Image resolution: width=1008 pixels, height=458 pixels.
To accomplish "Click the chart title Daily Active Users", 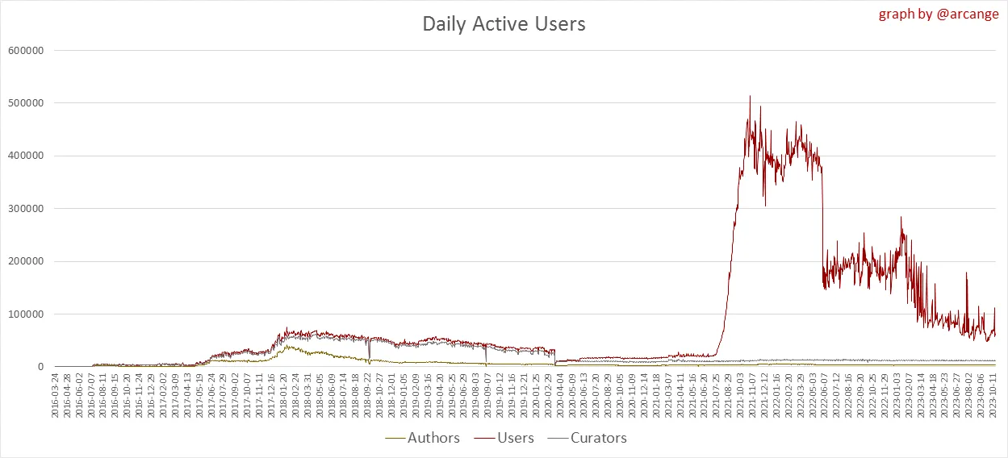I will click(x=504, y=24).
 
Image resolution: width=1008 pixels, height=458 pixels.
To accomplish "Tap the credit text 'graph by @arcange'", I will click(x=938, y=15).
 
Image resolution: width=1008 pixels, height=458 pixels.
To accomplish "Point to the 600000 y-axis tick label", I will click(x=24, y=50).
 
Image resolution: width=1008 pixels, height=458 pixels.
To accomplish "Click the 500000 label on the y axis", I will click(x=24, y=103).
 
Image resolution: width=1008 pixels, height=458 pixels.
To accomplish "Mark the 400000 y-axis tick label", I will click(x=24, y=156).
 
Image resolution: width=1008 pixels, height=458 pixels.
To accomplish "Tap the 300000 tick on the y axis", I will click(x=24, y=209).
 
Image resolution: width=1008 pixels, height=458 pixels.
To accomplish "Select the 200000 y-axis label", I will click(x=24, y=261).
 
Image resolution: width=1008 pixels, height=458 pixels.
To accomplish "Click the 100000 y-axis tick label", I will click(x=24, y=314).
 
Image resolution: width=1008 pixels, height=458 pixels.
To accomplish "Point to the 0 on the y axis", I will click(x=39, y=367).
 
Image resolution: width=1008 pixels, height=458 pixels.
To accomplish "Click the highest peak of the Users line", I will click(x=750, y=96).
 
